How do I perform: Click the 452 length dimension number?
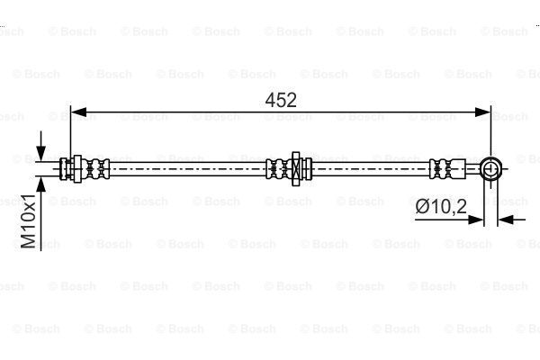pyautogui.click(x=281, y=100)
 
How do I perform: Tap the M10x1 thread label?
pyautogui.click(x=28, y=221)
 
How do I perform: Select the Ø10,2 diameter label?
pyautogui.click(x=441, y=207)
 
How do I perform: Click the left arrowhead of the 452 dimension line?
pyautogui.click(x=78, y=112)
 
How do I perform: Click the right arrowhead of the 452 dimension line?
pyautogui.click(x=482, y=112)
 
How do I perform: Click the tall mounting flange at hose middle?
pyautogui.click(x=295, y=169)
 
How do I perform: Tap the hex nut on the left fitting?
pyautogui.click(x=77, y=169)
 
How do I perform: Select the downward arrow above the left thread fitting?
pyautogui.click(x=41, y=146)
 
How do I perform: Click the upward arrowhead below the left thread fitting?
pyautogui.click(x=41, y=184)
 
